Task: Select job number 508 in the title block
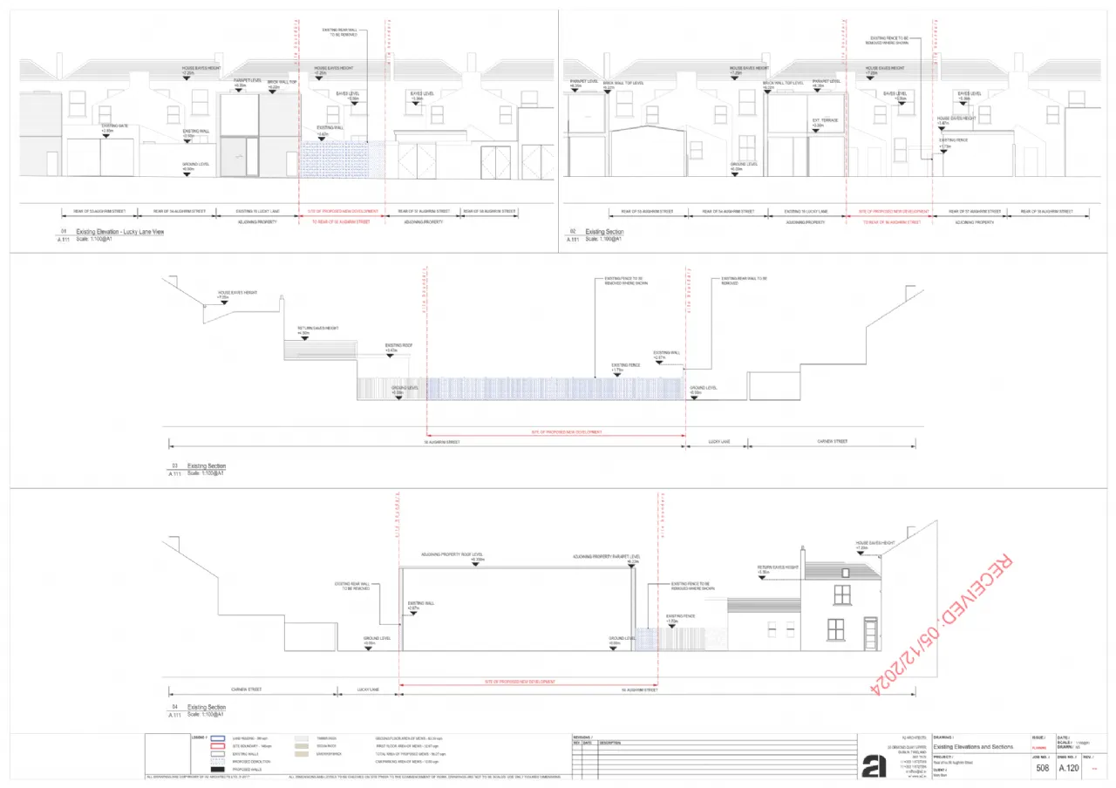pyautogui.click(x=1042, y=768)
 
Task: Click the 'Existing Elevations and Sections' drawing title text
pyautogui.click(x=973, y=747)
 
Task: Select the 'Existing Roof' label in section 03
pyautogui.click(x=398, y=345)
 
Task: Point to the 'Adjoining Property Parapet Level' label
pyautogui.click(x=606, y=556)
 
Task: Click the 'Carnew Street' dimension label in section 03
pyautogui.click(x=832, y=442)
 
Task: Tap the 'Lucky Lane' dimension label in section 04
pyautogui.click(x=368, y=689)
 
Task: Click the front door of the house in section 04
pyautogui.click(x=869, y=632)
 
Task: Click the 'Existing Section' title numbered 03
pyautogui.click(x=207, y=466)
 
